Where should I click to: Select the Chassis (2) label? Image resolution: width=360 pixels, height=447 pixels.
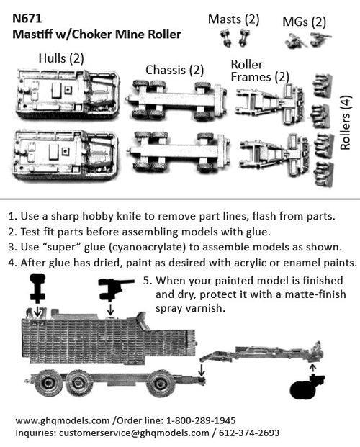pos(175,70)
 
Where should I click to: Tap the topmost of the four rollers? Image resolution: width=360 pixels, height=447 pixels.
pos(322,87)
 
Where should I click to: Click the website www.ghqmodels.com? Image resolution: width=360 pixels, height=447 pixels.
pos(61,420)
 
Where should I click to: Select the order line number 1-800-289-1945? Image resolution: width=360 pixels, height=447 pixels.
pos(195,420)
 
